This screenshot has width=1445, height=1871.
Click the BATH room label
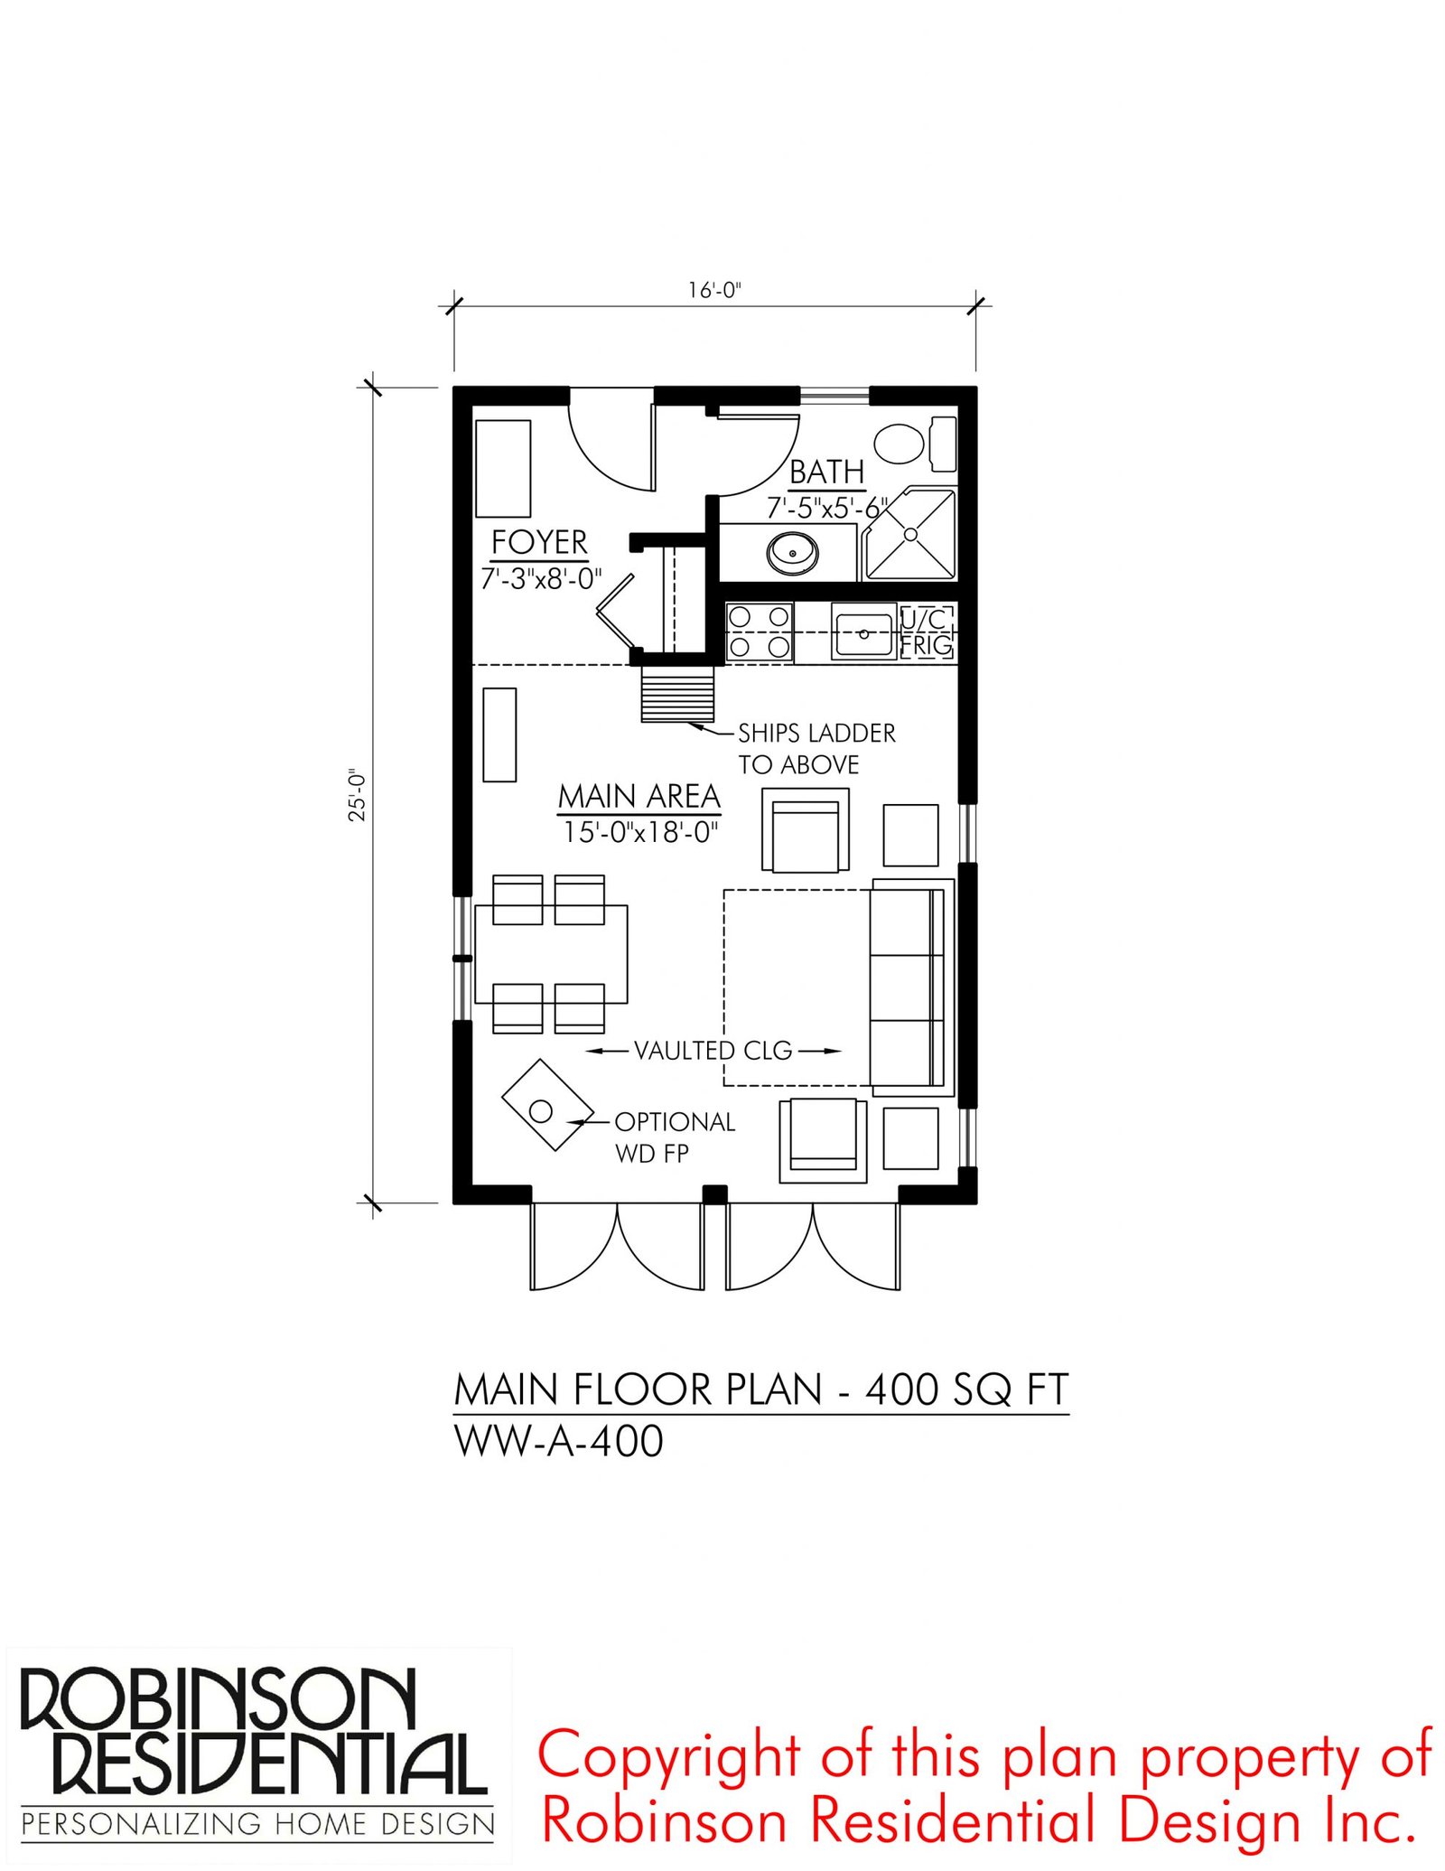826,472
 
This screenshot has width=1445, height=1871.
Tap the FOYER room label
539,542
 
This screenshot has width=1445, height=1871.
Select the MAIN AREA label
639,796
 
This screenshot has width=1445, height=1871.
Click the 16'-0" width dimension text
714,290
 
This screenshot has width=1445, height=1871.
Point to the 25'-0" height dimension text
358,795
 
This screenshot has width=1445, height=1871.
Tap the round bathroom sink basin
793,551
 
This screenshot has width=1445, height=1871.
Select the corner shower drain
910,534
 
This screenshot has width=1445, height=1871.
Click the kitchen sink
863,632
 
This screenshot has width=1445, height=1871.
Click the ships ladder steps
677,694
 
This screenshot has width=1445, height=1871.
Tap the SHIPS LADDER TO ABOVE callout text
816,748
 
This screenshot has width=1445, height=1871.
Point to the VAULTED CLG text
713,1050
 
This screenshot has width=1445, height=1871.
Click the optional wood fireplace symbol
547,1104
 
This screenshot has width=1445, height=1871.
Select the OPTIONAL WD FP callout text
675,1137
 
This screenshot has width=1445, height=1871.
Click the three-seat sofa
912,986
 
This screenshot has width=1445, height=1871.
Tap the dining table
551,954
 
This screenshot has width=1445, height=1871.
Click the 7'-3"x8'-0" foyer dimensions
541,578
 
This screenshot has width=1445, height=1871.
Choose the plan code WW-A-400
558,1440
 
